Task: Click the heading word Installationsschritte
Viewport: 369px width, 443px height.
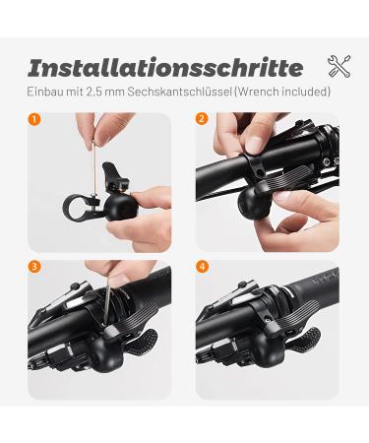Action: [x=165, y=68]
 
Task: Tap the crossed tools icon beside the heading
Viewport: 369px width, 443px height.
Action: [x=338, y=66]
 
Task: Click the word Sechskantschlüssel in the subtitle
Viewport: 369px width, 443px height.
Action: [x=180, y=92]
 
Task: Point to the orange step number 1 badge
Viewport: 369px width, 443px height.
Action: [x=34, y=119]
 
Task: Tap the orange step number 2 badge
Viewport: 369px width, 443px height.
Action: [x=202, y=119]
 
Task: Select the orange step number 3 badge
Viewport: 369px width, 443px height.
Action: [x=34, y=267]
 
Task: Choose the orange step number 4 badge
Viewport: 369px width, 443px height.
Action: [x=202, y=267]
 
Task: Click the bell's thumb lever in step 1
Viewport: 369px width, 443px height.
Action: [x=114, y=173]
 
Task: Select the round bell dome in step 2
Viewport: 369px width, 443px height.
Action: [x=253, y=204]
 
